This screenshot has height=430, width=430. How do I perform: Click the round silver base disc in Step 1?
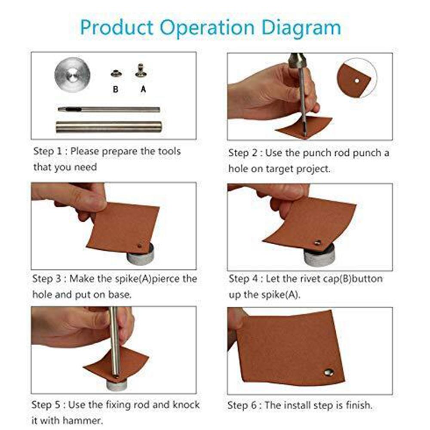(72, 74)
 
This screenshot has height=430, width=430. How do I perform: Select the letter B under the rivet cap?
(115, 89)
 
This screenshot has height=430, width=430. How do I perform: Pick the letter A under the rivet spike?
(143, 89)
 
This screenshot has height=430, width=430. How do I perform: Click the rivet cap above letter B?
(117, 74)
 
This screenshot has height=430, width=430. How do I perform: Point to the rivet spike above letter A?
(141, 71)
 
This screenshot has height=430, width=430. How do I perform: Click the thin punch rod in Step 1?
(109, 109)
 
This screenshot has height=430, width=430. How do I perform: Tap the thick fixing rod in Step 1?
(109, 127)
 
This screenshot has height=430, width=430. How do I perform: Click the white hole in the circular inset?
(357, 81)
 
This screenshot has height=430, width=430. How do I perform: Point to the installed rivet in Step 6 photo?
(329, 372)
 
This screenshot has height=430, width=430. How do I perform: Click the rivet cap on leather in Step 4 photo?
(318, 242)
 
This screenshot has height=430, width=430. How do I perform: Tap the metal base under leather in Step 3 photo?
(140, 255)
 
